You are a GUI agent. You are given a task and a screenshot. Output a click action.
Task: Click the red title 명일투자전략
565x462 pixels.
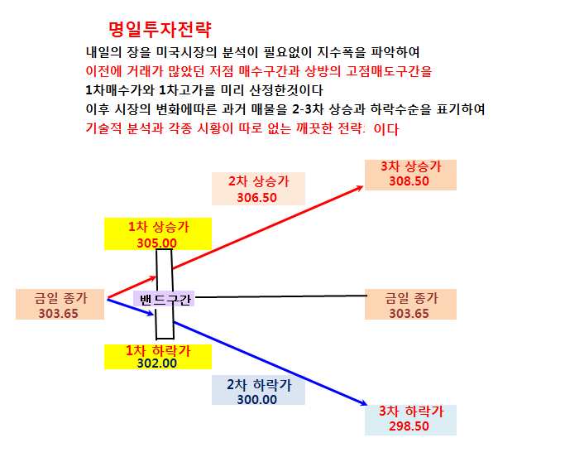click(160, 30)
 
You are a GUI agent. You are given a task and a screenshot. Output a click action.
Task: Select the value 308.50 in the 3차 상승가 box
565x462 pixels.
click(409, 181)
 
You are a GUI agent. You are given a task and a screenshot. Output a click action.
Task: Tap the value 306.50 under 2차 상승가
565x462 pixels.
click(257, 198)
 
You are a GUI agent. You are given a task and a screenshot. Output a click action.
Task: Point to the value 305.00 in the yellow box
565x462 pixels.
click(156, 243)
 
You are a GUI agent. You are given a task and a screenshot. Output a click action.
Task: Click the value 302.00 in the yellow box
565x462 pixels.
click(156, 363)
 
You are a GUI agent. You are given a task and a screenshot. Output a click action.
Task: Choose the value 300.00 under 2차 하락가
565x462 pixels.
click(257, 400)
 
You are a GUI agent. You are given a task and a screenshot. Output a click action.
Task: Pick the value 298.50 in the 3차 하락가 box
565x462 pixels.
click(409, 426)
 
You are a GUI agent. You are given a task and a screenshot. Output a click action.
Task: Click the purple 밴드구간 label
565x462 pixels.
click(164, 299)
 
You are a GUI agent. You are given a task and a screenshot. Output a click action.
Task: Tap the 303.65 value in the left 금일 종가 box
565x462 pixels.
click(59, 314)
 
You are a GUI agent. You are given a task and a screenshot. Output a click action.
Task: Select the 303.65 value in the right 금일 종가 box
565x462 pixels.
click(409, 314)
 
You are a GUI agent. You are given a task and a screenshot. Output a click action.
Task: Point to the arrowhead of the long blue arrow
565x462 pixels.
click(362, 402)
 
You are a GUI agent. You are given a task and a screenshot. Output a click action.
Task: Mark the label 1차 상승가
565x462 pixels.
click(159, 227)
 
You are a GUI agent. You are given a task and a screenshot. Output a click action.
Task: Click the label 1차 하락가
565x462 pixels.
click(158, 350)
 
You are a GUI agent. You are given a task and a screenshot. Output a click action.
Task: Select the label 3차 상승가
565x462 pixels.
click(411, 166)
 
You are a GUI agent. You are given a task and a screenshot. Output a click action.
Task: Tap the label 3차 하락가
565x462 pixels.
click(411, 411)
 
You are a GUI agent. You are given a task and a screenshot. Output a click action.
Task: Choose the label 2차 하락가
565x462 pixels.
click(259, 385)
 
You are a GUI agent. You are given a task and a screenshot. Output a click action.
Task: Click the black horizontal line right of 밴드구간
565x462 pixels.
click(281, 296)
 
